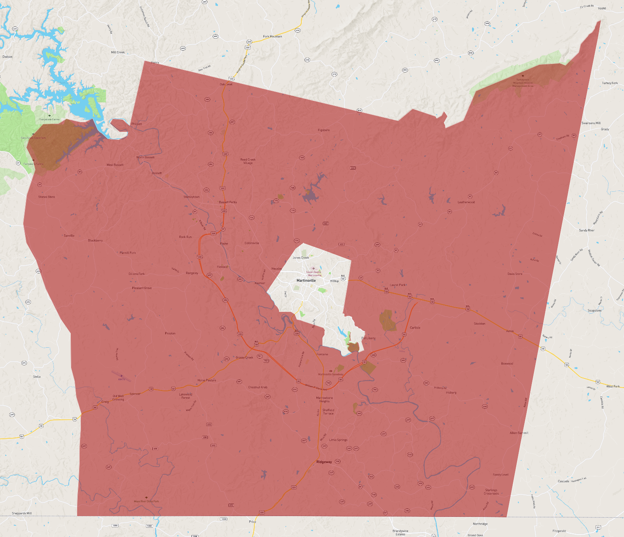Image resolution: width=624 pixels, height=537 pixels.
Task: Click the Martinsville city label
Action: (x=306, y=280)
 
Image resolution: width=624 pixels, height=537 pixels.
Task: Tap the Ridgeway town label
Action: (x=324, y=462)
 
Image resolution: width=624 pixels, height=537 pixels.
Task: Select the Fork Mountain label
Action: (x=273, y=37)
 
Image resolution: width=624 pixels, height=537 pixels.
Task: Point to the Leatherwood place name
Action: (x=466, y=202)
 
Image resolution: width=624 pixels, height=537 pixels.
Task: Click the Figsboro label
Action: (x=324, y=130)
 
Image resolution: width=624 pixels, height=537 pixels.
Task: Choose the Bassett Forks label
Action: (x=228, y=202)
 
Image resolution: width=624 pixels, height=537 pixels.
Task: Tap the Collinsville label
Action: (x=252, y=243)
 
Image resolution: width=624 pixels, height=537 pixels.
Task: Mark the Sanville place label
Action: (x=69, y=236)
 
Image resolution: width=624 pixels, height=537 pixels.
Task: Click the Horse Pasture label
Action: (x=207, y=380)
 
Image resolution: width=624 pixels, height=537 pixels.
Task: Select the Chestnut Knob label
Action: (x=258, y=387)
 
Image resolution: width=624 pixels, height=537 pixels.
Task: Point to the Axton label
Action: (x=510, y=331)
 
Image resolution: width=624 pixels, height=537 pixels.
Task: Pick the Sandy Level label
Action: (x=501, y=475)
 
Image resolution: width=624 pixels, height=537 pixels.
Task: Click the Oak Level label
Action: (x=226, y=84)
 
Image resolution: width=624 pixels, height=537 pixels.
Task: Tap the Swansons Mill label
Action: (x=591, y=123)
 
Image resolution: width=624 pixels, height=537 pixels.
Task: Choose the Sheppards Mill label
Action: (x=22, y=513)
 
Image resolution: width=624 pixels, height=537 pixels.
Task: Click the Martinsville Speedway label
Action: (x=331, y=374)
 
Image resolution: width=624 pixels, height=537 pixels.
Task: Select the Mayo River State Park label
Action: (x=146, y=501)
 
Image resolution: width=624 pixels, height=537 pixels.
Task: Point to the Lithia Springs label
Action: (x=338, y=440)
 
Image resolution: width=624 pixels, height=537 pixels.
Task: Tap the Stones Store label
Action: (x=47, y=197)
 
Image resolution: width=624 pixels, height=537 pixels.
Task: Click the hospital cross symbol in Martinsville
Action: (x=314, y=268)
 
